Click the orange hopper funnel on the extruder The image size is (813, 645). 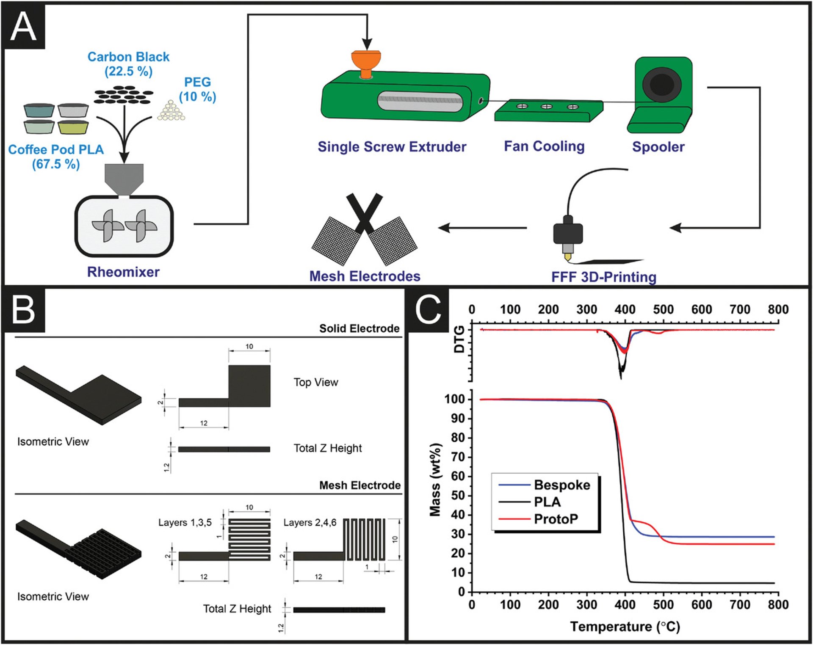coord(366,63)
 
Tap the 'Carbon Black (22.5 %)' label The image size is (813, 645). coord(128,64)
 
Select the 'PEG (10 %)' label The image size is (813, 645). coord(197,89)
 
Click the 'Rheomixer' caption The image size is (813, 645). coord(123,272)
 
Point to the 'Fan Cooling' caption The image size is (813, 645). coord(544,146)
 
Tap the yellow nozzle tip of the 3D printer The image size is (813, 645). coord(568,257)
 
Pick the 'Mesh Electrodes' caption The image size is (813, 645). coord(365,276)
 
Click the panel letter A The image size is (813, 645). coord(24,27)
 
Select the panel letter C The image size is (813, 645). coord(428,310)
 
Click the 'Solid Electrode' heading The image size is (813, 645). coord(359,328)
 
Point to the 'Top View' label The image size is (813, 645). coord(316,382)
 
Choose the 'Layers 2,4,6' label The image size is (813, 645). coord(310,523)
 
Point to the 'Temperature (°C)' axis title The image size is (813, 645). coord(625,627)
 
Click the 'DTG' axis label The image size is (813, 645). coord(459,339)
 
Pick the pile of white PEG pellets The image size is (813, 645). coord(171,110)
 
